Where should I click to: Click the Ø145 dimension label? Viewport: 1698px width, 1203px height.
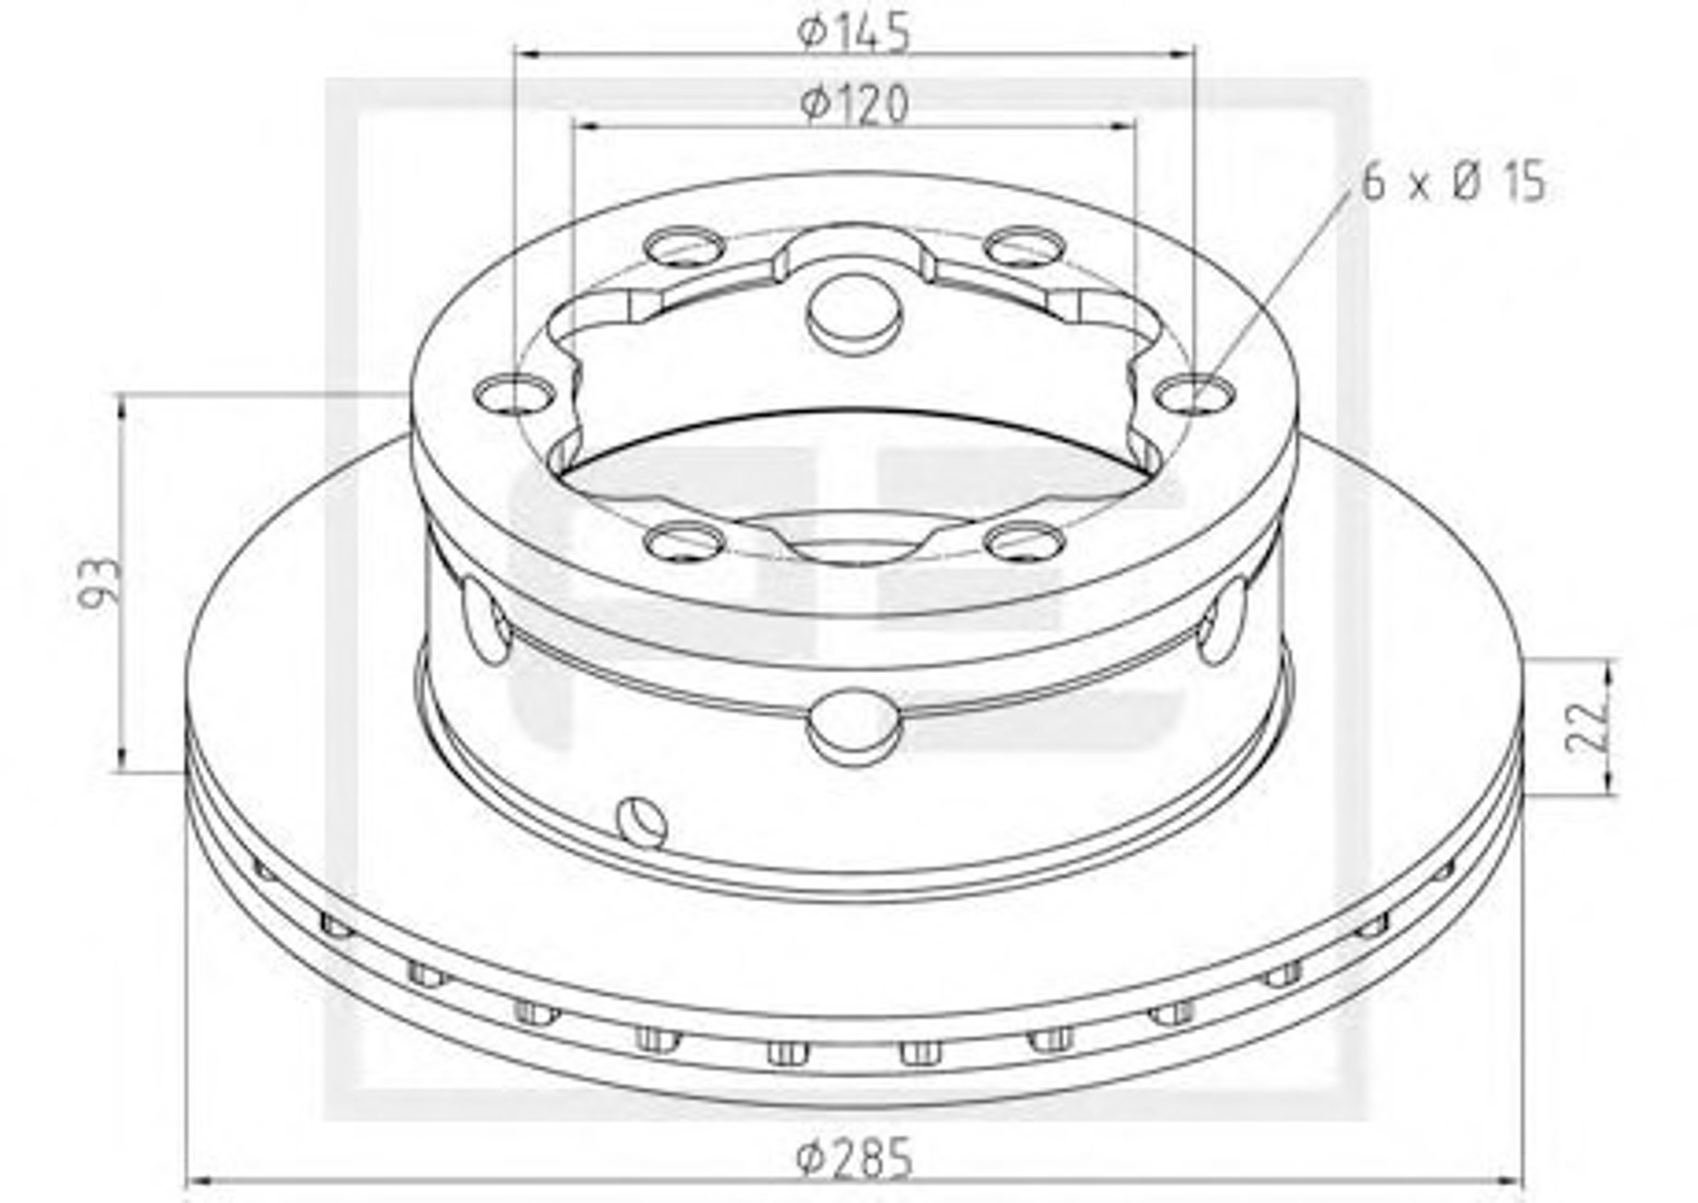pos(854,31)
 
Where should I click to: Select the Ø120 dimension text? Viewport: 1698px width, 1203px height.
pos(854,103)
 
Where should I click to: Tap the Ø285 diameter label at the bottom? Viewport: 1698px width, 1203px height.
pos(854,1158)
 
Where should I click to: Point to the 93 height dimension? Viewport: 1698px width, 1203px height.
pos(101,581)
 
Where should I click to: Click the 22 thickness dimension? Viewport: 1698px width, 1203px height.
pos(1586,726)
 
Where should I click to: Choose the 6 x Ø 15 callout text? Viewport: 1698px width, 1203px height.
pos(1453,182)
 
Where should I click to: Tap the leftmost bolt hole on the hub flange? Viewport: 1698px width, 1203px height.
pos(513,394)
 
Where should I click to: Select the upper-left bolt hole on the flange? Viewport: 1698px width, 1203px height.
pos(685,246)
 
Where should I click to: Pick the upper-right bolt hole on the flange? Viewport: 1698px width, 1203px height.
pos(1024,246)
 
